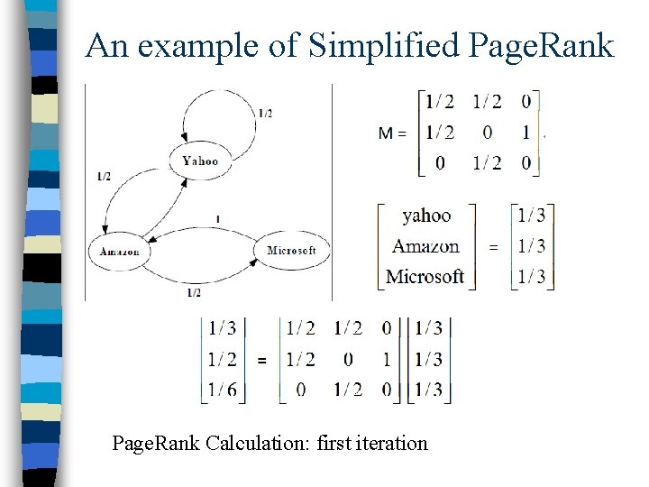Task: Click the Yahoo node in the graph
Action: coord(199,161)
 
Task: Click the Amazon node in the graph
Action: coord(119,251)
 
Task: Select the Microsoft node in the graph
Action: coord(291,250)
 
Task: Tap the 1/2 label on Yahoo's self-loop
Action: coord(265,113)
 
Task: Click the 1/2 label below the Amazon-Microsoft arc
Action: coord(193,293)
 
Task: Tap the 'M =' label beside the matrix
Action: coord(391,133)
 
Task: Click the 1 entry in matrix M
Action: coord(526,133)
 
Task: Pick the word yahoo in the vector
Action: coord(426,215)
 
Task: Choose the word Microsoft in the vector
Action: coord(425,276)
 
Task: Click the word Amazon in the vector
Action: coord(425,245)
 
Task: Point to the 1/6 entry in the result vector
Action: coord(222,390)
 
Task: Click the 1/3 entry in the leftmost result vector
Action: coord(222,328)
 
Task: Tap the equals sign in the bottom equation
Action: coord(261,360)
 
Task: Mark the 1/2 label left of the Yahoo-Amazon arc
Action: coord(104,177)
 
